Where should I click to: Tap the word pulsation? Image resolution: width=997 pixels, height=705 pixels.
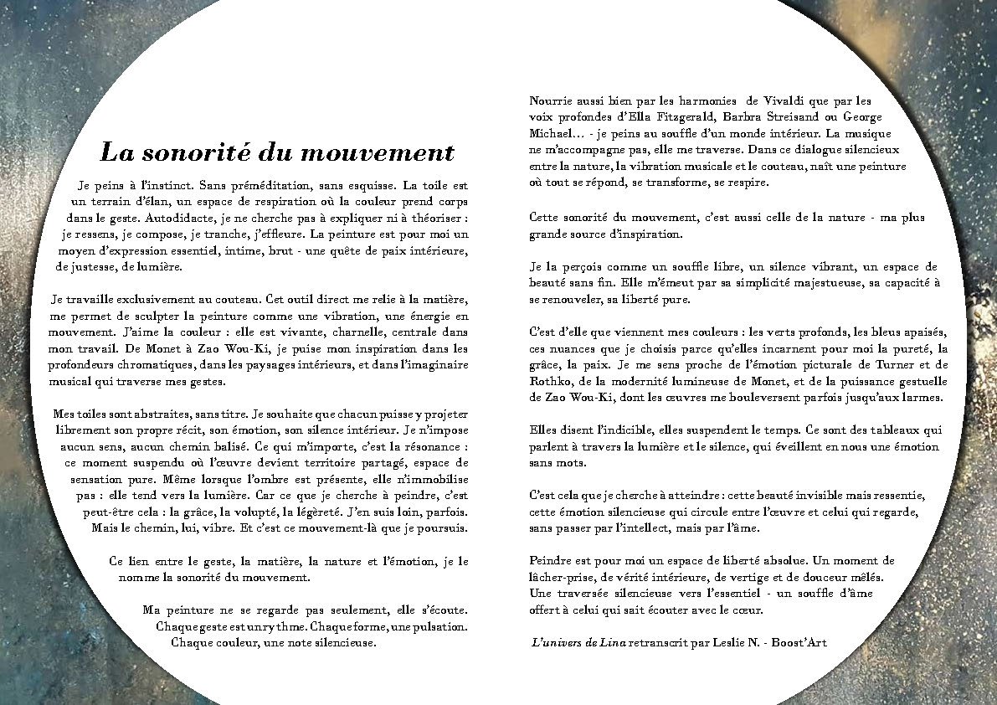pos(433,625)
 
